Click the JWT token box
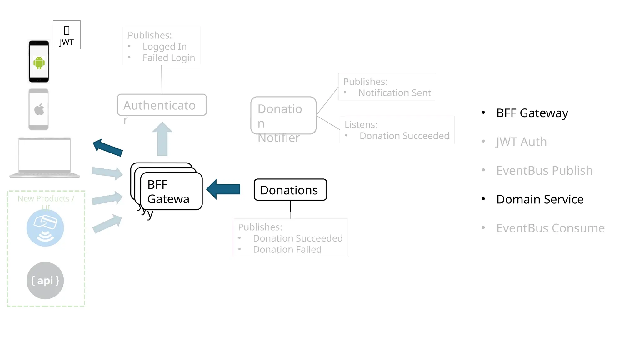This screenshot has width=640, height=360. coord(67,35)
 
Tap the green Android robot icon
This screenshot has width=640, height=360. coord(39,62)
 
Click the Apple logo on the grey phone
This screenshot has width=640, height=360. coord(39,110)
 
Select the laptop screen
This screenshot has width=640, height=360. coord(45,155)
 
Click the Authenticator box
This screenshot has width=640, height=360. coord(162,105)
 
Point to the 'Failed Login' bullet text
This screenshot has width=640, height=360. coord(169,58)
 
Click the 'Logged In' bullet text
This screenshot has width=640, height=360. coord(165,47)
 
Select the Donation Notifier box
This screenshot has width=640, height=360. coord(283,116)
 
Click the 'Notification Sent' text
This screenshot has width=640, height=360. coord(394,93)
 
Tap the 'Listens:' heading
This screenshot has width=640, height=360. coord(361,125)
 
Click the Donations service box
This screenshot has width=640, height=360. coord(290,190)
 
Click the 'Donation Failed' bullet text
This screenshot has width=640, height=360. coord(287,250)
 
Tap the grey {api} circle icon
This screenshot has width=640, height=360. coord(45,280)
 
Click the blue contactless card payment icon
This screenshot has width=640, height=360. coord(45,228)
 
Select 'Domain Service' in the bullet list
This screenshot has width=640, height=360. coord(540,199)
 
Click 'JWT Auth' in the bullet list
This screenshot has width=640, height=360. coord(521,142)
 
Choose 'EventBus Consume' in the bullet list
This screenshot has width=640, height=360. coord(550,228)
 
